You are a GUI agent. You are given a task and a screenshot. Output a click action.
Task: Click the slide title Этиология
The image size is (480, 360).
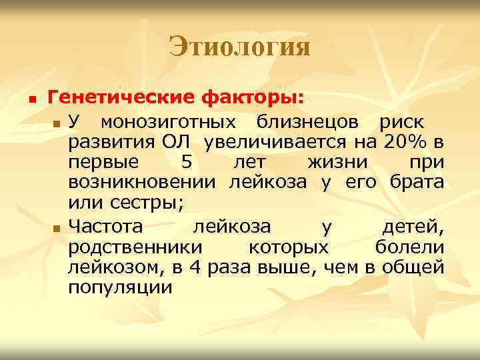(239, 47)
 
